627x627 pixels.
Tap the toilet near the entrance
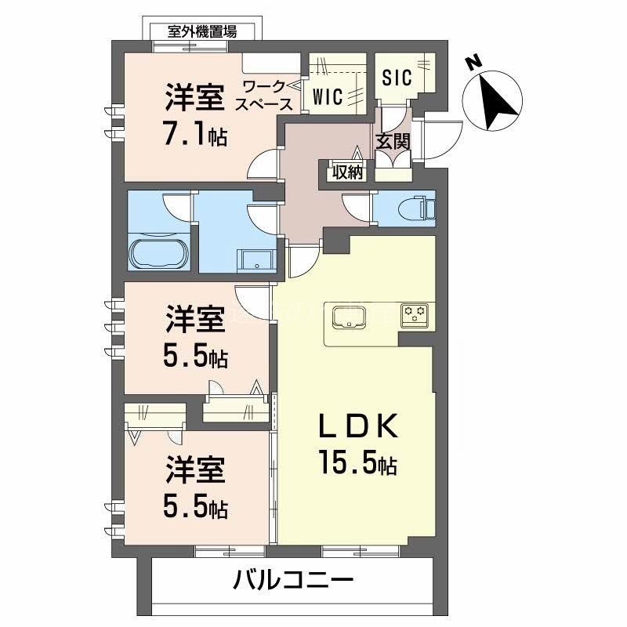click(426, 208)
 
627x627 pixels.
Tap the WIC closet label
click(328, 96)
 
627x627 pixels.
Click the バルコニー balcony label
click(294, 581)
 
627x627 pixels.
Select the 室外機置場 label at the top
click(202, 31)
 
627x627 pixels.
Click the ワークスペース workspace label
click(267, 95)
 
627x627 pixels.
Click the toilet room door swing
click(357, 208)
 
